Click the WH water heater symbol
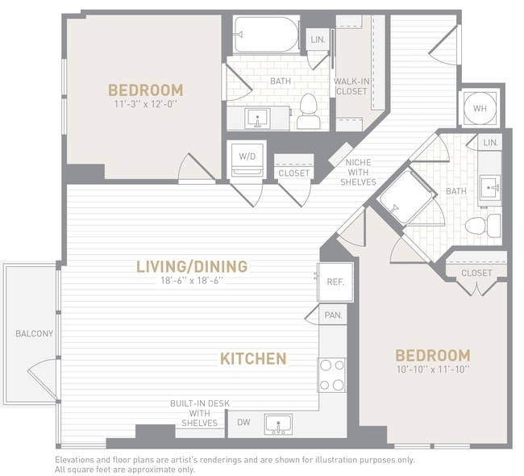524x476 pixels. [480, 108]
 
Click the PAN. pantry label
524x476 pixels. [333, 316]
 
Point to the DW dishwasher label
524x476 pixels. [243, 421]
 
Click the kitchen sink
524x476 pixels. [279, 424]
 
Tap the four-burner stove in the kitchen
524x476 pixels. [332, 374]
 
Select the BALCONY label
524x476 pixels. [34, 334]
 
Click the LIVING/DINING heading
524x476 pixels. [191, 266]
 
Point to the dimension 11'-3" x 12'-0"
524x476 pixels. [146, 104]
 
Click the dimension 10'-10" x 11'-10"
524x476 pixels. [432, 369]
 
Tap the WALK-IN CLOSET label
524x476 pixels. [351, 86]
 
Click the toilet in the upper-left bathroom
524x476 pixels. [308, 113]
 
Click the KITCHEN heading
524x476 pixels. [253, 358]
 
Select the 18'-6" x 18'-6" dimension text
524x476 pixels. [191, 281]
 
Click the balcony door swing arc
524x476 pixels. [42, 378]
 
